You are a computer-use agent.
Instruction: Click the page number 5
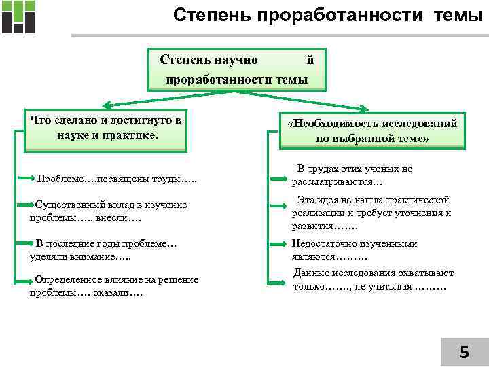tap(464, 351)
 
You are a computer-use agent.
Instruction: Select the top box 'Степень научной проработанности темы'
tap(237, 69)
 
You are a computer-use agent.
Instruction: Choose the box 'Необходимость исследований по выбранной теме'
tap(372, 130)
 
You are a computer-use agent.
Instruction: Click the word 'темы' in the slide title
tap(456, 14)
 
